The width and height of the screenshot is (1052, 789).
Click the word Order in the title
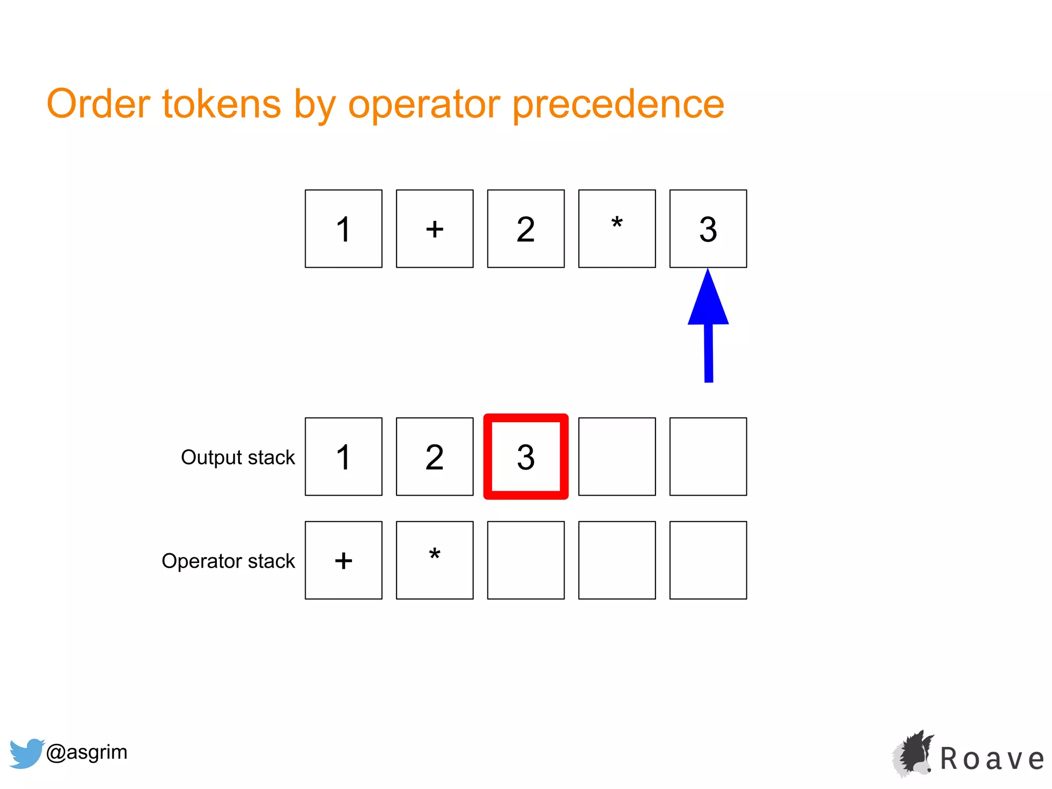[98, 104]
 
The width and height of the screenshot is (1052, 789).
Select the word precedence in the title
[618, 105]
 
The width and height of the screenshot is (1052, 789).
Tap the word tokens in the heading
[221, 104]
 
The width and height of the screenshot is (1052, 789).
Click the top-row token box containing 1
[343, 229]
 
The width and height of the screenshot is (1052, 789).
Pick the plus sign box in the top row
[435, 229]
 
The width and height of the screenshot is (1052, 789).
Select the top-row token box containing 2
[525, 229]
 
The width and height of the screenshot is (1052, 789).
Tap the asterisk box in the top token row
[617, 229]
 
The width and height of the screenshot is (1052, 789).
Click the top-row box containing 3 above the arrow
[708, 229]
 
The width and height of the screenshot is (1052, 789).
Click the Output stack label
[238, 457]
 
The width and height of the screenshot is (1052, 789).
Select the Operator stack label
[228, 561]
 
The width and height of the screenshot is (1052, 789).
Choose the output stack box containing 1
[343, 457]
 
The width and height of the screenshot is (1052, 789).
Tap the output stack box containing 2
[435, 457]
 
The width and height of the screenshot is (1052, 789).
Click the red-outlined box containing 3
[525, 457]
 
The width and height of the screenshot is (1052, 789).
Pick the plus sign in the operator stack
[343, 560]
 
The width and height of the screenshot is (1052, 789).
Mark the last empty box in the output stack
[708, 457]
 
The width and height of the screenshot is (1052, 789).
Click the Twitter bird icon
[26, 753]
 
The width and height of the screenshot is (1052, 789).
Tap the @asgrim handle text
[86, 752]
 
